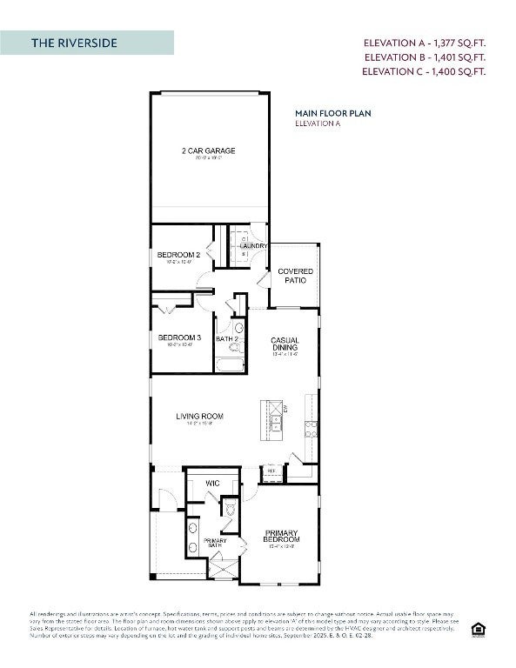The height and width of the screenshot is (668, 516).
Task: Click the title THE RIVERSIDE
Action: tap(74, 43)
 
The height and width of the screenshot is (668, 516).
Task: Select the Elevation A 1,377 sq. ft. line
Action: tap(424, 43)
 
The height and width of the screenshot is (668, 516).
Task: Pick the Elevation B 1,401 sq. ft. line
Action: tap(424, 57)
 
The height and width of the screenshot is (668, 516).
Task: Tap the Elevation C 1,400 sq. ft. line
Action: tap(424, 72)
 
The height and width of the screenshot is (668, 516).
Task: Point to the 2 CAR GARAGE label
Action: tap(208, 151)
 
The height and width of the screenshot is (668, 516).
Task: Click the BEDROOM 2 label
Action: tap(179, 255)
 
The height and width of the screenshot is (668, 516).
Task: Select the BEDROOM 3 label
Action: tap(179, 337)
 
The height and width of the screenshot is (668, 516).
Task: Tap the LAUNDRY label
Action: tap(252, 246)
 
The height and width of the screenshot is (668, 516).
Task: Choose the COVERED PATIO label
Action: tap(295, 276)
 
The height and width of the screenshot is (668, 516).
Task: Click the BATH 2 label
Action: tap(227, 339)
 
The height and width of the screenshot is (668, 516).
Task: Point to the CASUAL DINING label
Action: tap(285, 344)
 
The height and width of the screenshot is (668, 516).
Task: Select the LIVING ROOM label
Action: tap(199, 417)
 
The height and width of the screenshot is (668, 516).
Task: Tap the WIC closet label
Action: tap(211, 484)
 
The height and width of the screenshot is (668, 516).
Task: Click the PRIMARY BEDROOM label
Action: tap(281, 537)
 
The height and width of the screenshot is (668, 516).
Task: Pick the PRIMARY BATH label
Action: tap(215, 543)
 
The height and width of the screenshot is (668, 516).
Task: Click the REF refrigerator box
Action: tap(271, 471)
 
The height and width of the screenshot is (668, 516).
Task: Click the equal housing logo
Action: tap(477, 629)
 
